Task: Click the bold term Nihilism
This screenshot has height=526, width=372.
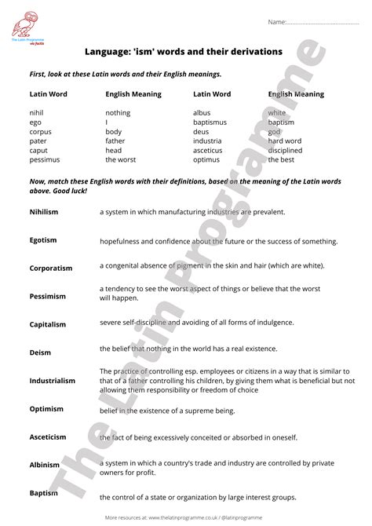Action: point(44,212)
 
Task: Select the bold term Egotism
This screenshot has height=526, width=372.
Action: point(43,239)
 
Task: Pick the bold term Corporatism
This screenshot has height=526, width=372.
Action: point(52,268)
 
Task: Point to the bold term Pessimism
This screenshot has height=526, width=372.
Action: point(47,296)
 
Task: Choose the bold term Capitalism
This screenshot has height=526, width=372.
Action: point(48,324)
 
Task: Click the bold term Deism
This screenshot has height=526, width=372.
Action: point(40,352)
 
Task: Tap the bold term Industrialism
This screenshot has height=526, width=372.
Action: point(53,381)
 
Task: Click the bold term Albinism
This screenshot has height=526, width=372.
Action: point(45,466)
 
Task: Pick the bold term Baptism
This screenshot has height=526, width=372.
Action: point(44,493)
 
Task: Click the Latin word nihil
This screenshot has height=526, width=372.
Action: point(35,113)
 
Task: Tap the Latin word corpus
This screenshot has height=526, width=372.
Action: point(39,132)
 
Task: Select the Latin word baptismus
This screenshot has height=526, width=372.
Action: point(210,122)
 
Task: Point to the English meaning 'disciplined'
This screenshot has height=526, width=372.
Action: point(285,151)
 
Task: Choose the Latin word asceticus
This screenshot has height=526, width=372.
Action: point(208,151)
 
